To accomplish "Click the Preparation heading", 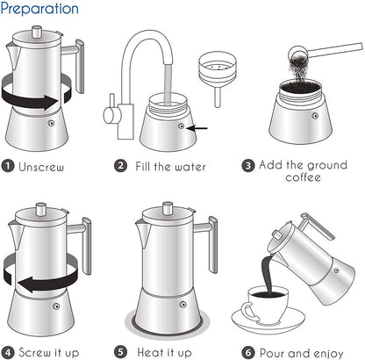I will (x=39, y=10).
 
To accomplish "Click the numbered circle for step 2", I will (x=120, y=165).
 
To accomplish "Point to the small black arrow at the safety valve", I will (x=199, y=128).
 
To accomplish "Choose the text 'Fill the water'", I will (x=172, y=165).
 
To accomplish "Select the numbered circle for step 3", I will (x=248, y=165).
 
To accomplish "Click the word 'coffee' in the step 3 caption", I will (x=303, y=177).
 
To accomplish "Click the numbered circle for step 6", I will (x=248, y=351).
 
